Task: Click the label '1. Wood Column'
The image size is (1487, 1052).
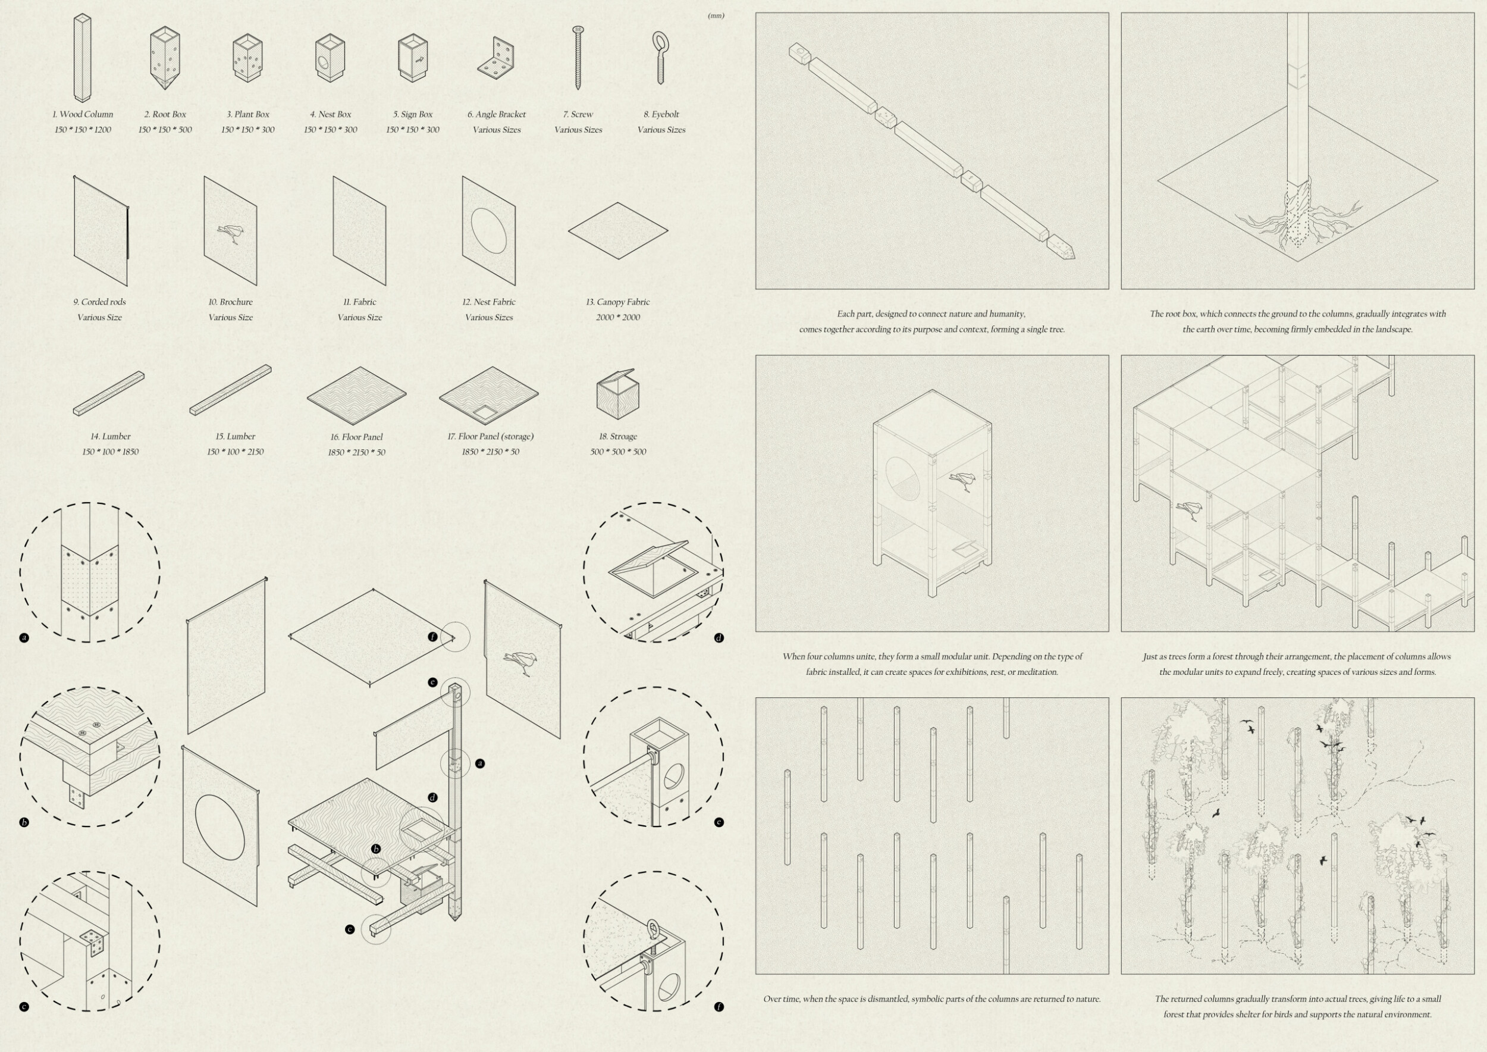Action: (x=83, y=114)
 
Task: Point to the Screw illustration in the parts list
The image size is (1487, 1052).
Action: (x=578, y=58)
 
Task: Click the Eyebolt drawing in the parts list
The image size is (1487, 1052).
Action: (x=661, y=58)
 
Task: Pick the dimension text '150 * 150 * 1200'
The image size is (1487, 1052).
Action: (x=83, y=130)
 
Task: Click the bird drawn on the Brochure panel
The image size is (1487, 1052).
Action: (x=231, y=233)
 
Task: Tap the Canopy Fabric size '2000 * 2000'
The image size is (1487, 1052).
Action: (x=618, y=317)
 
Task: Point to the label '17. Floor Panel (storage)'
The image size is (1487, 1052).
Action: (x=490, y=437)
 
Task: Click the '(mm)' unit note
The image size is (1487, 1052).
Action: (x=716, y=15)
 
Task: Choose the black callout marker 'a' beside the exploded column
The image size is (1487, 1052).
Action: (x=480, y=764)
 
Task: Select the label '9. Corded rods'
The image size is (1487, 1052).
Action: (x=100, y=302)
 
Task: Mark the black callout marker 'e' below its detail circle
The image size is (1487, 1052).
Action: (x=719, y=823)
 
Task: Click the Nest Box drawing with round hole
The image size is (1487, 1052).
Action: (x=330, y=58)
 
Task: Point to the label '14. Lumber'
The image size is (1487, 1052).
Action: (x=110, y=437)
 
